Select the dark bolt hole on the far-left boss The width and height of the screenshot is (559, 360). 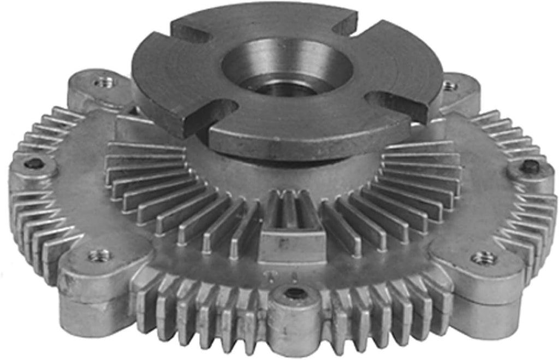[34, 163]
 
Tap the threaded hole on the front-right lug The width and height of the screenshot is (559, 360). [483, 257]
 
